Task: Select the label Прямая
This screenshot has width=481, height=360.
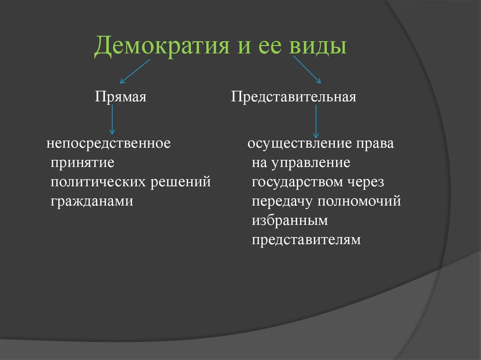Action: point(121,97)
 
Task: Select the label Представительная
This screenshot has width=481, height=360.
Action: point(294,97)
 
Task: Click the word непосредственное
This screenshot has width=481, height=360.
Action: point(108,143)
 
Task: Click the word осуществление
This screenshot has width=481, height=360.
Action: point(300,143)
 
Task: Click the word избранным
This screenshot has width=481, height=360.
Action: point(289,221)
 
